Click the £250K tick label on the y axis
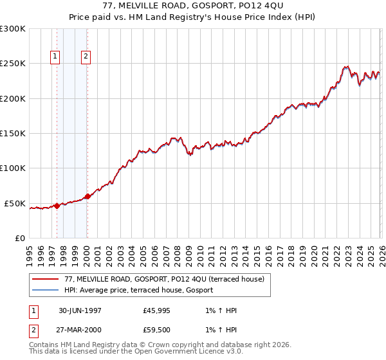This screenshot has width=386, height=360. pyautogui.click(x=13, y=64)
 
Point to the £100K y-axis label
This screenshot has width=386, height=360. pyautogui.click(x=13, y=168)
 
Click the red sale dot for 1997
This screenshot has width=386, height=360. pyautogui.click(x=57, y=206)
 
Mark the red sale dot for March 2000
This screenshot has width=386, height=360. pyautogui.click(x=87, y=197)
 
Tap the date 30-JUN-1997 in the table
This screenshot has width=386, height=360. pyautogui.click(x=80, y=310)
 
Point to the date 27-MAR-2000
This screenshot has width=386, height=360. pyautogui.click(x=80, y=330)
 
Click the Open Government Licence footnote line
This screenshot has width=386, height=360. pyautogui.click(x=136, y=352)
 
